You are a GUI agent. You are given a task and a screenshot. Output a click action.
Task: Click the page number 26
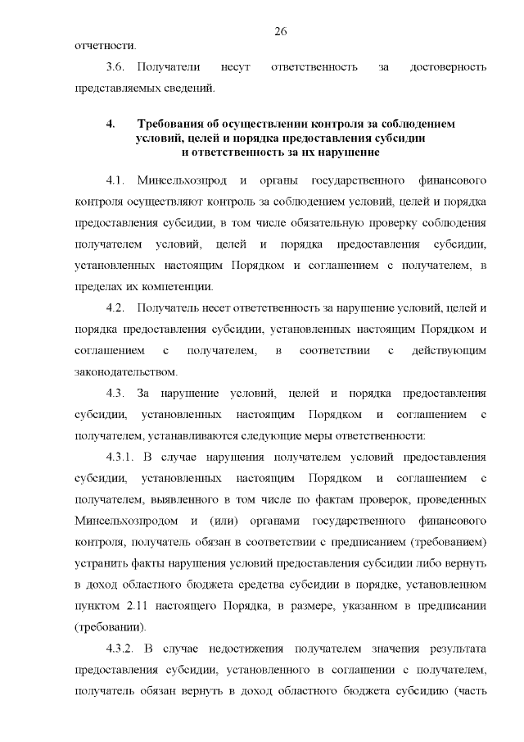pos(280,31)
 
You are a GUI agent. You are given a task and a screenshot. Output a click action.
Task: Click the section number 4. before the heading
pos(110,123)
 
